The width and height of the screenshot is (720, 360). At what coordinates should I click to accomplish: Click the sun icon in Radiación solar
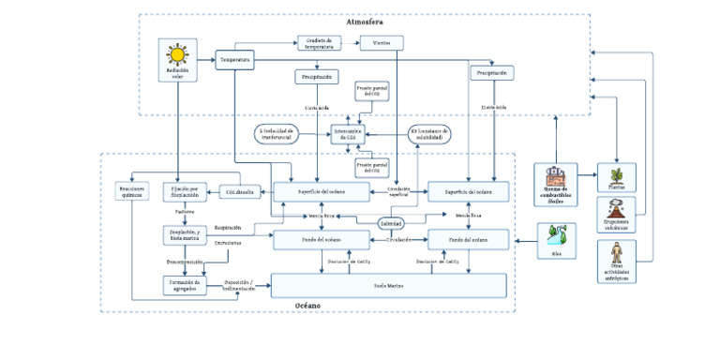click(x=176, y=54)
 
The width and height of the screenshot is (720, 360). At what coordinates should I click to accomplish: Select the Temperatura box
click(x=235, y=60)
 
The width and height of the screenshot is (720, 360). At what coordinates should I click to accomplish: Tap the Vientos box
click(x=382, y=43)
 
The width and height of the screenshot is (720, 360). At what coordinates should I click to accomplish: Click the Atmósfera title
click(x=365, y=22)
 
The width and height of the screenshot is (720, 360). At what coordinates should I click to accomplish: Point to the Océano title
click(x=307, y=306)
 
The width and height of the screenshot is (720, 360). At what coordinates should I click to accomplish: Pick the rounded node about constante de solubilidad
click(x=430, y=134)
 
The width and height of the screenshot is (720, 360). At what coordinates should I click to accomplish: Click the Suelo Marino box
click(x=388, y=284)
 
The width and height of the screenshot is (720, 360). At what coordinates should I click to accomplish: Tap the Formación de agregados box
click(x=183, y=284)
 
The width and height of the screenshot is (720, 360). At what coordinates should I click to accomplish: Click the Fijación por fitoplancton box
click(x=183, y=191)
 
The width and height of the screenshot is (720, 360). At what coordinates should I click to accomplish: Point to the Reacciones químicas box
click(x=132, y=191)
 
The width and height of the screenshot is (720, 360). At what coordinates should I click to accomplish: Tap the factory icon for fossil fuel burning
click(x=556, y=175)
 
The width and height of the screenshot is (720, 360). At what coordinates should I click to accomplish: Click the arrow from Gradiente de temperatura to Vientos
click(x=352, y=43)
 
